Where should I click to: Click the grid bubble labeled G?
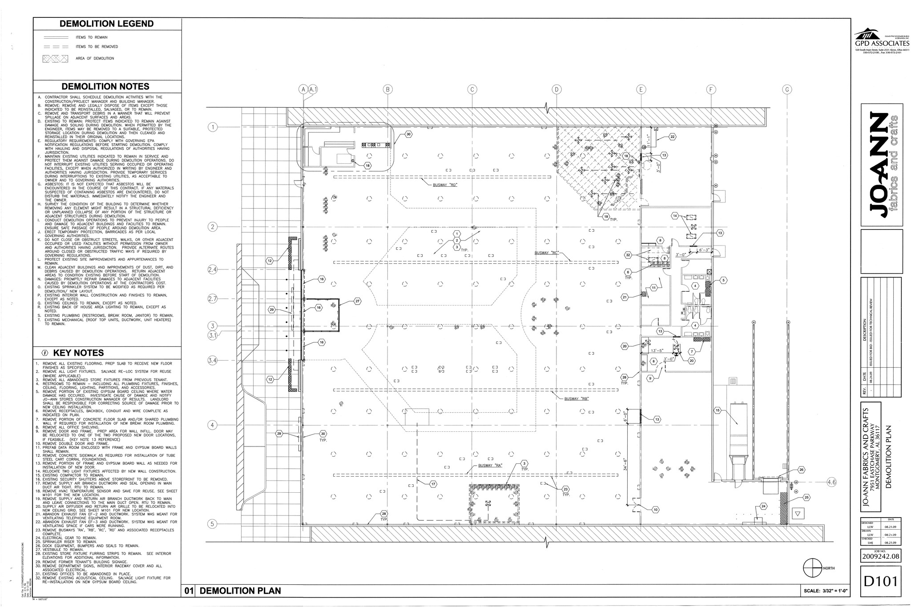click(787, 89)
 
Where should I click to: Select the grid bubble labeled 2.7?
click(213, 299)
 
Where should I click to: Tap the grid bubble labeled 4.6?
click(831, 482)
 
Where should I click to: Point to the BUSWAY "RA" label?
click(490, 466)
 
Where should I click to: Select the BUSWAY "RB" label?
click(576, 399)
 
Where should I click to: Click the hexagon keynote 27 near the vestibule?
click(357, 301)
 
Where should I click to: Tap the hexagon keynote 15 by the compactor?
click(717, 410)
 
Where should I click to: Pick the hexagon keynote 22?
click(673, 137)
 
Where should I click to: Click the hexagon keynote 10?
click(655, 510)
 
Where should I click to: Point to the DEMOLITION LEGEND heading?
click(107, 24)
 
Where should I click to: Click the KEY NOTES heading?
click(78, 353)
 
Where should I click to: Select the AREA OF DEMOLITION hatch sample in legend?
click(55, 58)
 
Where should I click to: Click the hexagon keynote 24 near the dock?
click(763, 506)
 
